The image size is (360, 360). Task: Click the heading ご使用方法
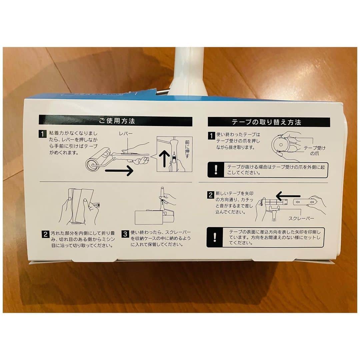point(117,121)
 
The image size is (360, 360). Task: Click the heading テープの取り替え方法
point(266,122)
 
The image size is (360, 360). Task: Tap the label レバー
point(126,133)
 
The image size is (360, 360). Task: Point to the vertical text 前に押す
point(187,149)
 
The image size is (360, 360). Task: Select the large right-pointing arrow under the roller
point(119,171)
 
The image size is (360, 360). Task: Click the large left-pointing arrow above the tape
point(288,196)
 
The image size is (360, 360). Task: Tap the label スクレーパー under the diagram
point(301,218)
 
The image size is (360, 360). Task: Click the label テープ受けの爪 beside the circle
point(314,151)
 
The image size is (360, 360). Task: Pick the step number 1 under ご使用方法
point(42,134)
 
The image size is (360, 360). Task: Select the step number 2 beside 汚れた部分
point(45,234)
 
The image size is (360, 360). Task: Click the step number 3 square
point(125,234)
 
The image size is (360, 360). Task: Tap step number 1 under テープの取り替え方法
point(211,135)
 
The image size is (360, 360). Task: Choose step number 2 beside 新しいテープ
point(211,195)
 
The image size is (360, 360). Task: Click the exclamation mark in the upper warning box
point(216,170)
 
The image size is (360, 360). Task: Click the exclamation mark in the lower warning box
point(215,237)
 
